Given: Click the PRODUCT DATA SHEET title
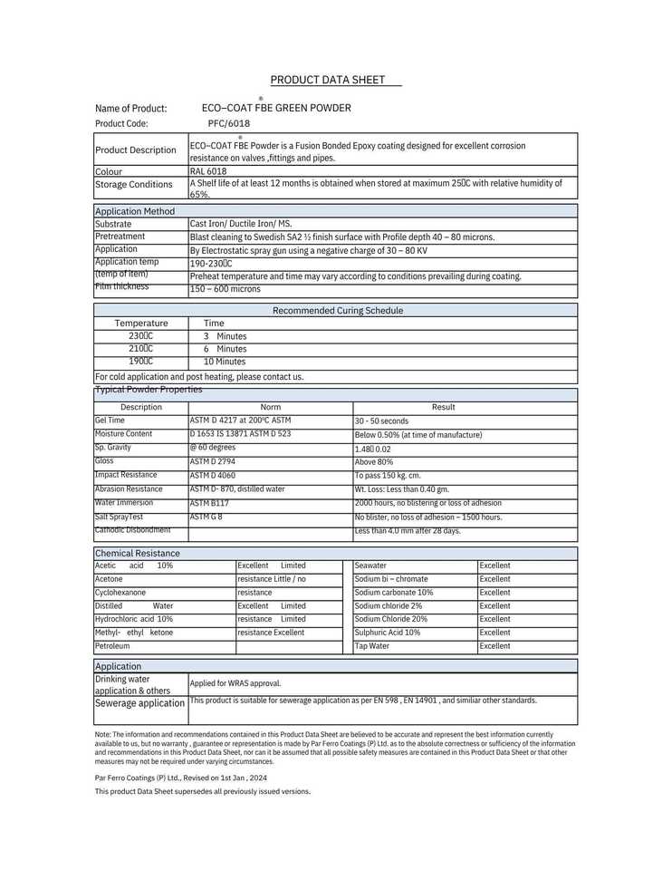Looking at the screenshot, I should click(x=335, y=80).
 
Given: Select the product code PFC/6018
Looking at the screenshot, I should click(x=228, y=123).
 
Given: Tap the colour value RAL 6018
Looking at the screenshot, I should click(x=208, y=171).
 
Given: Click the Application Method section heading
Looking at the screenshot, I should click(x=135, y=211).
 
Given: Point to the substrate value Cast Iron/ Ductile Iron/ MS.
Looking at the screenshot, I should click(x=241, y=224).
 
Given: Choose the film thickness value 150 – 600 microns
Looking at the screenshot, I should click(x=225, y=289).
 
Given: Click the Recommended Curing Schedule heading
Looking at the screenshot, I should click(x=338, y=311).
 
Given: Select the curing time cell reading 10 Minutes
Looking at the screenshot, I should click(x=224, y=362).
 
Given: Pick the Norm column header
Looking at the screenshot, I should click(x=270, y=408).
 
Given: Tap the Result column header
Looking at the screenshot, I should click(x=444, y=408).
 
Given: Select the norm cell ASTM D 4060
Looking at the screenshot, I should click(x=212, y=475).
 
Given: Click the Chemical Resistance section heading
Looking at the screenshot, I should click(x=137, y=553).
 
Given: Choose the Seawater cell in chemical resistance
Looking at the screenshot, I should click(x=370, y=565).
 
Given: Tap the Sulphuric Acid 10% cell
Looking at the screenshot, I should click(x=388, y=633).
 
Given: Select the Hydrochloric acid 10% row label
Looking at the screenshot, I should click(x=134, y=619).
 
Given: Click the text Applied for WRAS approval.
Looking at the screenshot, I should click(x=235, y=683).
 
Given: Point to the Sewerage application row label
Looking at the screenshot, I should click(x=139, y=703).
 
